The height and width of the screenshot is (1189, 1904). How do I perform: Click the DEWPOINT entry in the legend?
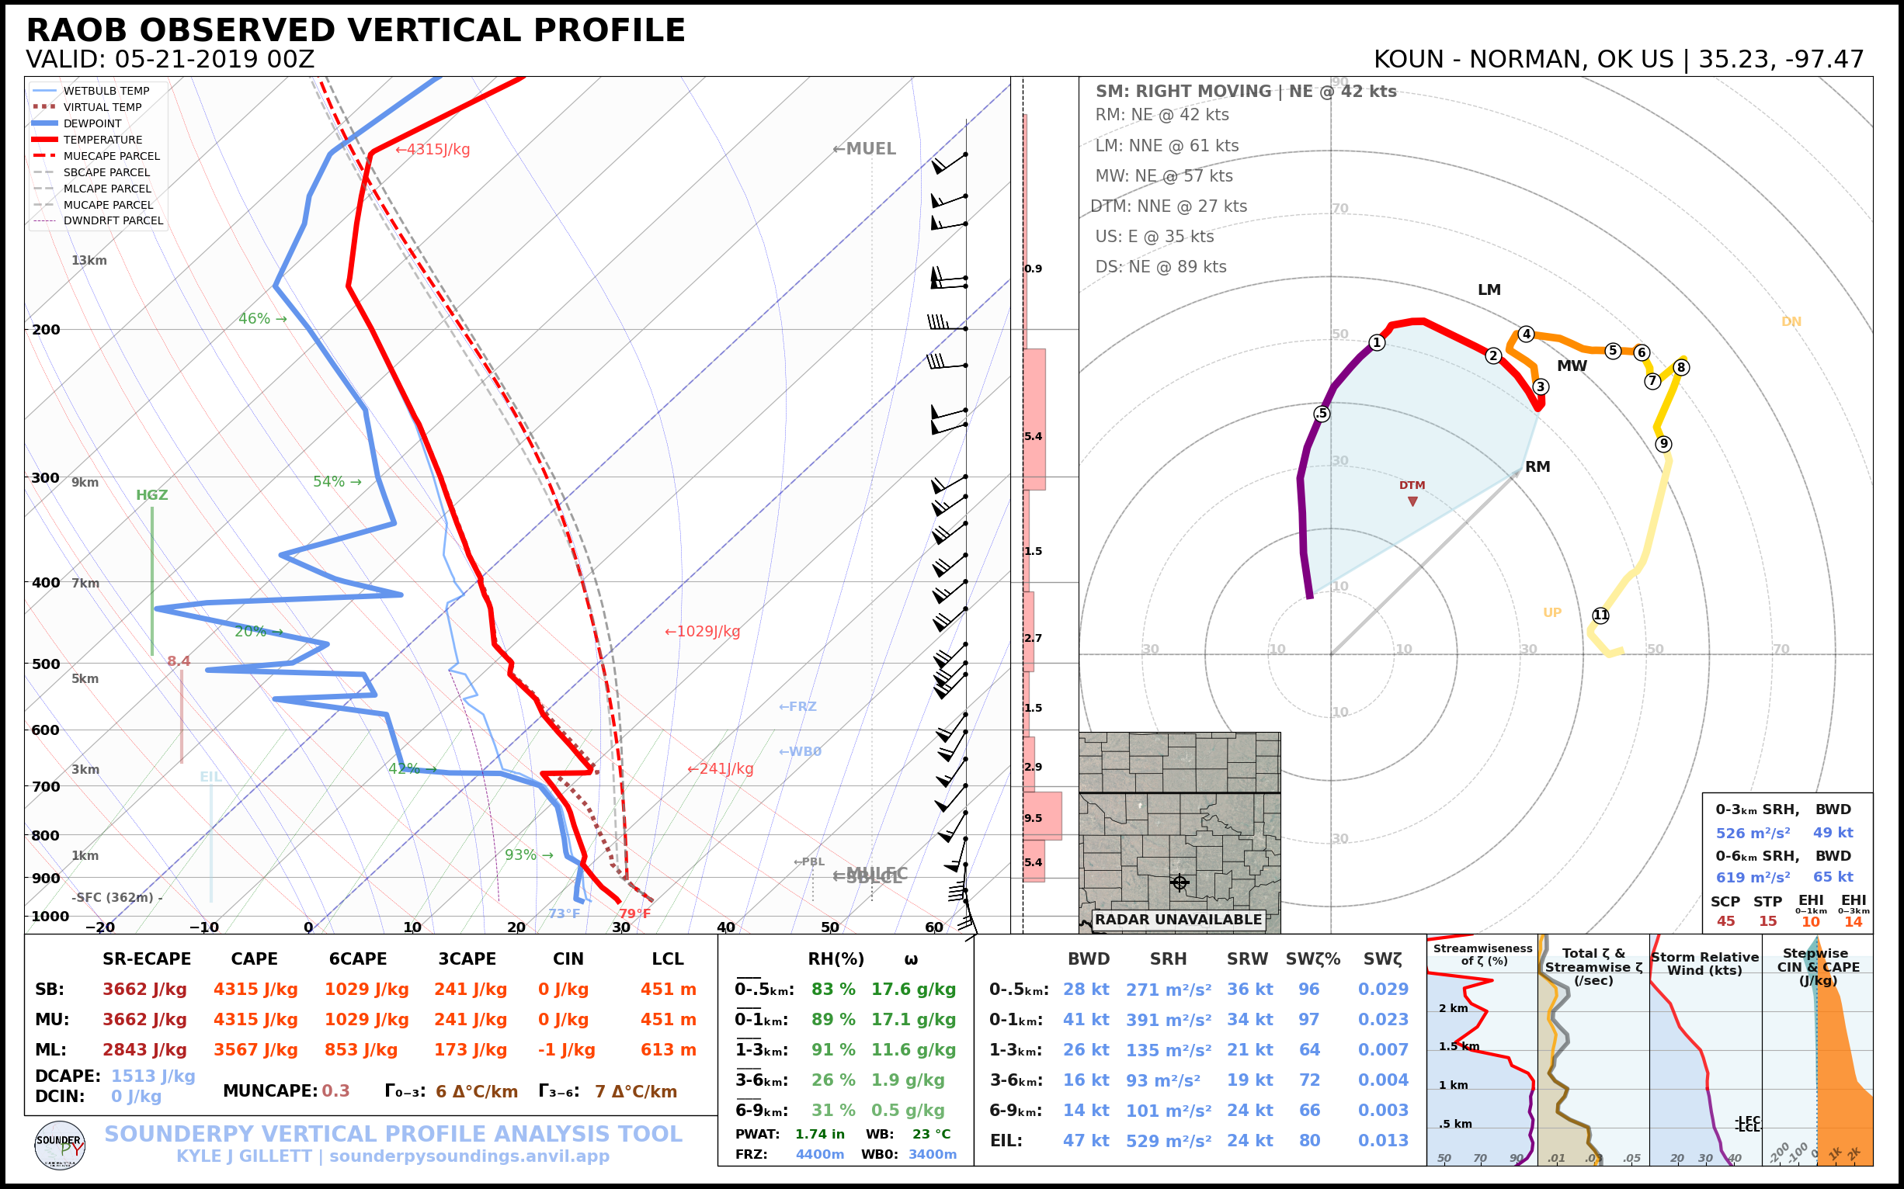92,123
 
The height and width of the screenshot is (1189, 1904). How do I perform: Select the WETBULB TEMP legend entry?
106,92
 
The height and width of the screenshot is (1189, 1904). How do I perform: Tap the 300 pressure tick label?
46,478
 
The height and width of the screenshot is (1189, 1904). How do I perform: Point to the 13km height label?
89,260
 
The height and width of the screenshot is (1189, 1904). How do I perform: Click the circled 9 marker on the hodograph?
1663,443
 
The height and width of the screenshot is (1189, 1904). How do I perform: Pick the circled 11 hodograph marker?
1600,615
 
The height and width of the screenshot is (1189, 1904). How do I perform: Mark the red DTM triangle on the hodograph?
1413,501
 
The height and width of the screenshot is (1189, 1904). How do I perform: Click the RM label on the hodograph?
1537,466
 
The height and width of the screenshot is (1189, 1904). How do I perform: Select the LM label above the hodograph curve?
1489,289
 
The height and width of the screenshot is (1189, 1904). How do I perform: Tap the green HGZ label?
152,495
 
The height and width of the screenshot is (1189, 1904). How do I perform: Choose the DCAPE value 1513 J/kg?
153,1076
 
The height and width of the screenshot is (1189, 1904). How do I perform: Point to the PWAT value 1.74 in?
819,1134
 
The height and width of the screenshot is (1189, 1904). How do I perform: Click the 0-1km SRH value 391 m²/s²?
1169,1020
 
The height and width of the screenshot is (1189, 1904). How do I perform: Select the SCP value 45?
1725,920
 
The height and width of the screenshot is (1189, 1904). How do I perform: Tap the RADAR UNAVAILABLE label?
1178,919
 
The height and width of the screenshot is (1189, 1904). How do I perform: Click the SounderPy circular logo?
60,1145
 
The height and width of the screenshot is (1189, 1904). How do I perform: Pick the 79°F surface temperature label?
634,913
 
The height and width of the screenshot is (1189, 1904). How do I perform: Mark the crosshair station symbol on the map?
1179,882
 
